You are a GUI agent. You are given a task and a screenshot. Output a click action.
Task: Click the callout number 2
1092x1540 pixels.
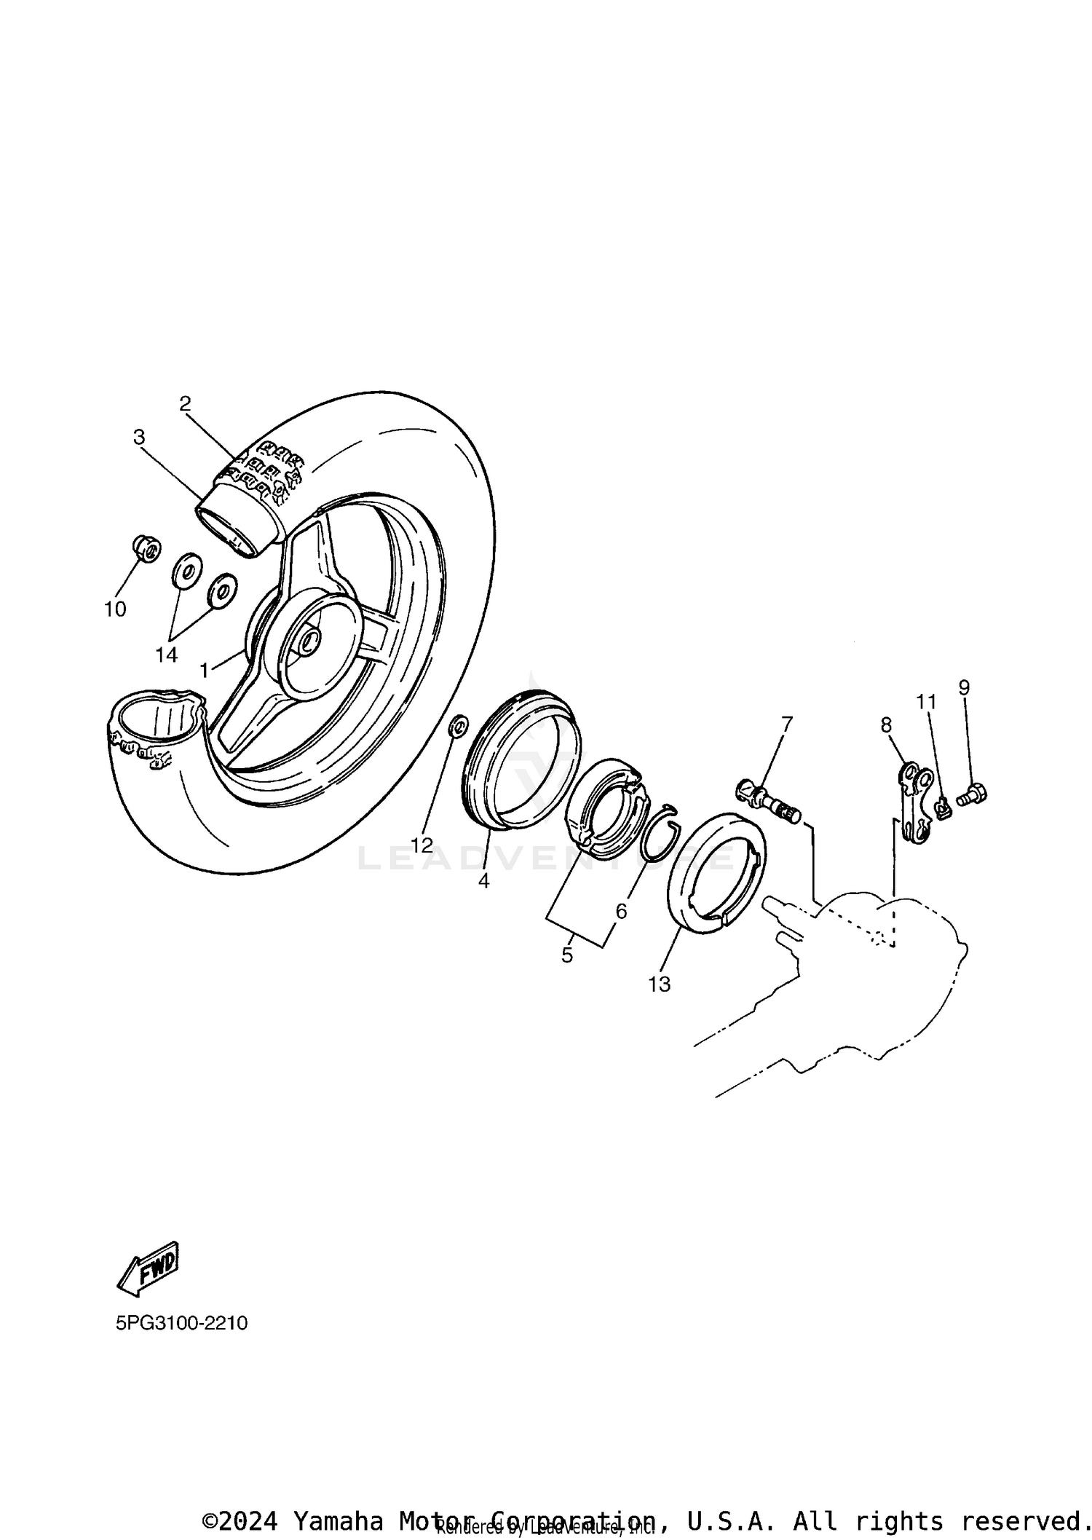click(x=185, y=403)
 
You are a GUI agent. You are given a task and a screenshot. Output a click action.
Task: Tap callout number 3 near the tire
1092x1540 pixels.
click(x=139, y=437)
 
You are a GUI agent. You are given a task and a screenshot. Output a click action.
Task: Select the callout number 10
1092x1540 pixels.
click(x=115, y=609)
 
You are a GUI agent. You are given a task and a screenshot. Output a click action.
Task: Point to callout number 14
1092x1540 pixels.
click(x=166, y=655)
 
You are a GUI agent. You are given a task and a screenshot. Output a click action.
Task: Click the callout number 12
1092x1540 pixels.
click(x=422, y=845)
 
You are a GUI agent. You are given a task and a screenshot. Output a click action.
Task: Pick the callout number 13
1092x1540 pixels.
click(x=659, y=984)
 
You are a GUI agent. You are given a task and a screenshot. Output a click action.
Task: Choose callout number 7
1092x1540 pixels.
click(x=787, y=724)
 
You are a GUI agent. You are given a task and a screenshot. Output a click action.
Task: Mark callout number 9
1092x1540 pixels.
click(x=964, y=687)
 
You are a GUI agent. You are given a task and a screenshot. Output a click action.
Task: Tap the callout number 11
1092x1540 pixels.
click(x=925, y=702)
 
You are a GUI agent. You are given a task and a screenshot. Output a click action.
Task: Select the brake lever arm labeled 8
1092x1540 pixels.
click(x=917, y=801)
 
